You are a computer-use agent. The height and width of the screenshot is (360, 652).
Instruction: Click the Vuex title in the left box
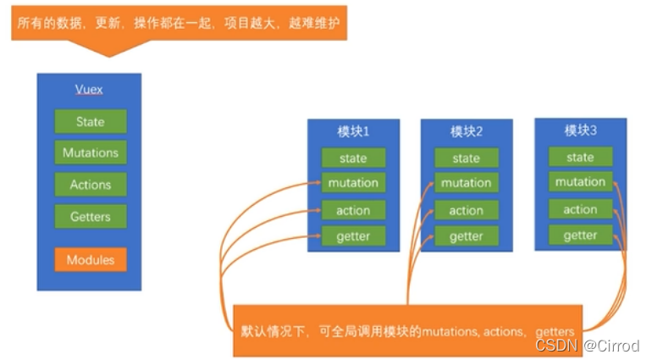click(x=89, y=89)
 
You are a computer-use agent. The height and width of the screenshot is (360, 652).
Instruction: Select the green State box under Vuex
click(x=90, y=121)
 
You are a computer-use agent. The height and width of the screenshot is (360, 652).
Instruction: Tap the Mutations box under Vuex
click(x=90, y=152)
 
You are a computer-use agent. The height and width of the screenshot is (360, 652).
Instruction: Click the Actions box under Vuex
click(x=90, y=185)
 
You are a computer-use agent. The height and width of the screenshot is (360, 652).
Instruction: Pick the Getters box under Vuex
click(x=90, y=216)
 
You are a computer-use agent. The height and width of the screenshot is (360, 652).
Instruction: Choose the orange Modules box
click(x=90, y=259)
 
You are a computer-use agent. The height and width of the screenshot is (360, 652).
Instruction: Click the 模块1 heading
click(x=353, y=131)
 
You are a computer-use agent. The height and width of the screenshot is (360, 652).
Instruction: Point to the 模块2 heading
click(x=466, y=131)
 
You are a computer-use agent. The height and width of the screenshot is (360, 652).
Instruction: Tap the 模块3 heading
click(x=580, y=130)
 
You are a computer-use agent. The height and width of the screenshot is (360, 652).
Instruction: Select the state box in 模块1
click(x=353, y=158)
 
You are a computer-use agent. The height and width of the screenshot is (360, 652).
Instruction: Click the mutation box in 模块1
click(x=353, y=182)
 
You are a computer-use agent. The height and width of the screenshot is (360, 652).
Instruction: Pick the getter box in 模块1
click(x=353, y=235)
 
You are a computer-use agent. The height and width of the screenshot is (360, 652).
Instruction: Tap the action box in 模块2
click(x=466, y=210)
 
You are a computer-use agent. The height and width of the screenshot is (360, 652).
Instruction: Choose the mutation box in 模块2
click(x=466, y=183)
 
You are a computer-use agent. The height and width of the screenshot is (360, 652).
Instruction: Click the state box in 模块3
click(x=580, y=157)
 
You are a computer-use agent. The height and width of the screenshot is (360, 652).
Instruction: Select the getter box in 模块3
click(x=580, y=235)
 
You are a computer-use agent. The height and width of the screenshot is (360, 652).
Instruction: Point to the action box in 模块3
click(x=580, y=209)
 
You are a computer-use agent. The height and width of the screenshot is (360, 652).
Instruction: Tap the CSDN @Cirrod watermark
click(x=587, y=346)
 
